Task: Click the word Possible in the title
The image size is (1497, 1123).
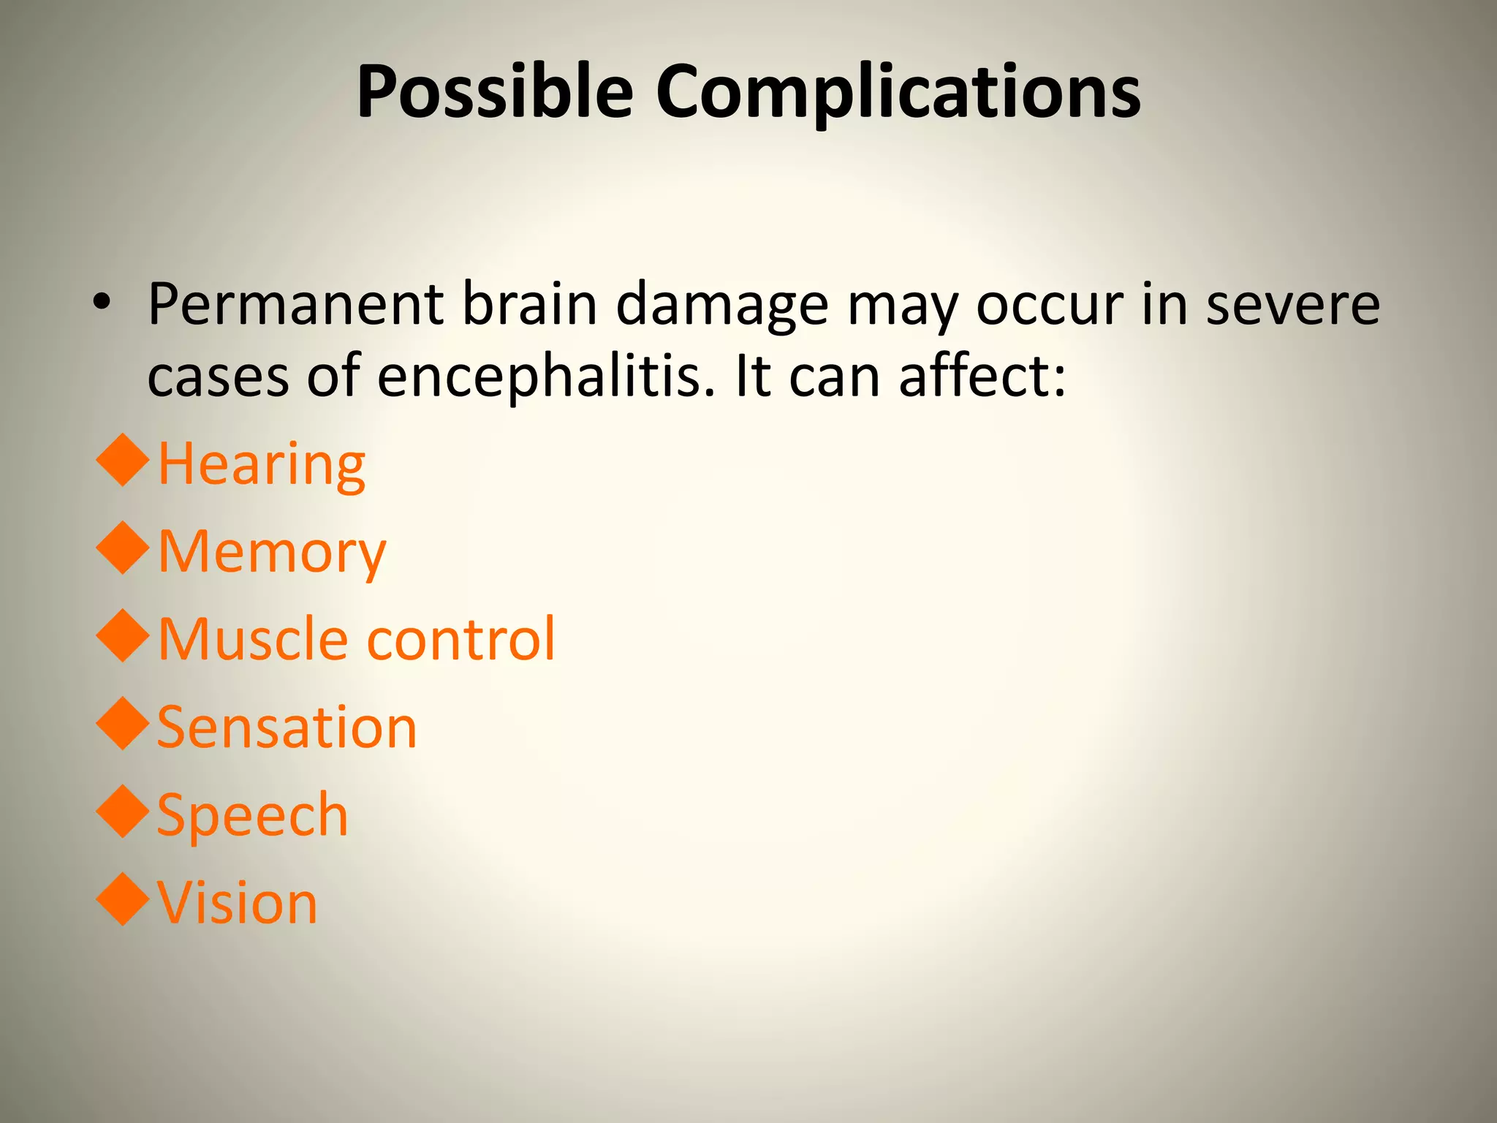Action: [494, 92]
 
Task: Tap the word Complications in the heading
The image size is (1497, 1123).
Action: [898, 92]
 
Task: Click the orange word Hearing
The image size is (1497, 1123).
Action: [262, 465]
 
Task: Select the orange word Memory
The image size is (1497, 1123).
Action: [272, 553]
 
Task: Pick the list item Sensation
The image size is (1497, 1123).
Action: [287, 727]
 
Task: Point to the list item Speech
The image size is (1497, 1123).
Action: [252, 816]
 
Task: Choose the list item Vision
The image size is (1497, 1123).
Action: [237, 903]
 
